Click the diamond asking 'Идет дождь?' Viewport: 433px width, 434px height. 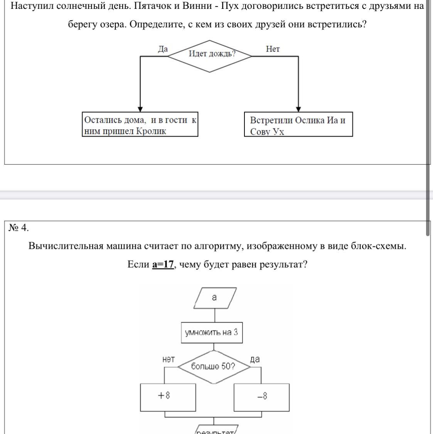pos(210,56)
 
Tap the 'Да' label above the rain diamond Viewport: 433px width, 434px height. pos(163,49)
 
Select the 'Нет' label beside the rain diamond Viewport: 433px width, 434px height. pos(273,49)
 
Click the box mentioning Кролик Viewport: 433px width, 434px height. pos(140,125)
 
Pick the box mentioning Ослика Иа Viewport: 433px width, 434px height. pos(298,125)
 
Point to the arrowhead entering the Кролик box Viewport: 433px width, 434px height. pos(140,110)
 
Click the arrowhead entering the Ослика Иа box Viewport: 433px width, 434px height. pos(298,110)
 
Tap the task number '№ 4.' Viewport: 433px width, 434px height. pos(19,228)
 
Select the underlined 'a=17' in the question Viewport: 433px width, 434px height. pos(163,265)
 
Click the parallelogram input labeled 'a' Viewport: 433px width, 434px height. pos(215,298)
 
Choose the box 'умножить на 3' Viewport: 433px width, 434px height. pos(212,333)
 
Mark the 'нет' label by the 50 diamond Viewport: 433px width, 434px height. pos(168,359)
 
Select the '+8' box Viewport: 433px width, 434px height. pos(168,397)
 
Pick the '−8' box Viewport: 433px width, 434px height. pos(262,397)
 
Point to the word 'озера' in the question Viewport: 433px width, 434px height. pos(112,25)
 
